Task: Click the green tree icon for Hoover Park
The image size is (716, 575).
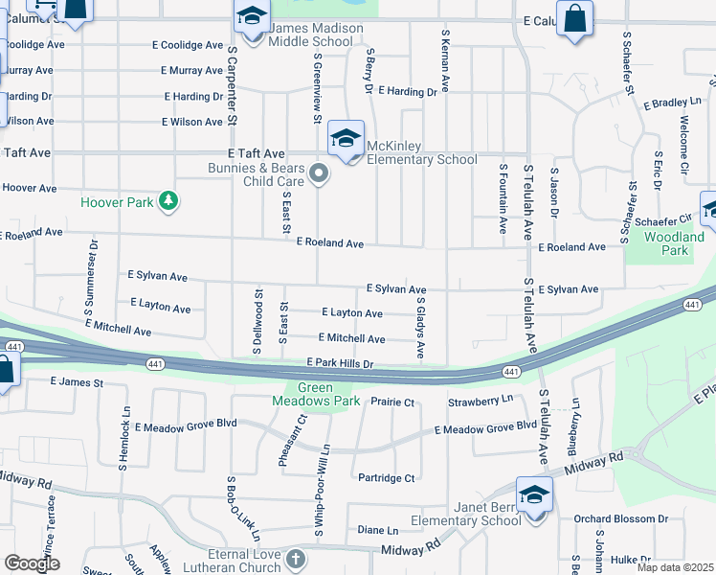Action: (169, 200)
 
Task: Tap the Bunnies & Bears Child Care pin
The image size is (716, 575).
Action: (321, 173)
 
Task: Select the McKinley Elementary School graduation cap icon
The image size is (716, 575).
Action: (346, 139)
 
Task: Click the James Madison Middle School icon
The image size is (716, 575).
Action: (251, 18)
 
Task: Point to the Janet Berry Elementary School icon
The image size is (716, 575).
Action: (533, 495)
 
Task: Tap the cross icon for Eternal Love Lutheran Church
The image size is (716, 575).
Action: (297, 559)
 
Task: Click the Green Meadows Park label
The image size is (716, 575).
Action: (317, 394)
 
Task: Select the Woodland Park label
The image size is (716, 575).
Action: (674, 243)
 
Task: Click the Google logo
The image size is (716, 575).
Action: (32, 564)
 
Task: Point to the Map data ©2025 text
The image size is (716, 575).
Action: (675, 567)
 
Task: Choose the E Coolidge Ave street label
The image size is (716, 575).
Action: (188, 45)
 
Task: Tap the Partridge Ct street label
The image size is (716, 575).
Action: (385, 478)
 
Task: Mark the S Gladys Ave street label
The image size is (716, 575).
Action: (420, 328)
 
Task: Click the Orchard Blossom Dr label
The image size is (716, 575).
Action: (620, 519)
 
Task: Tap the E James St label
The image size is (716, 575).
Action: (77, 382)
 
